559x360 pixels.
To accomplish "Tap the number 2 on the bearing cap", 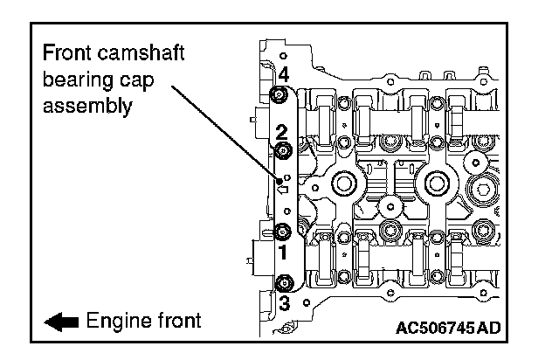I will pos(281,133).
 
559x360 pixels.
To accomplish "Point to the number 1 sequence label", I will pos(282,253).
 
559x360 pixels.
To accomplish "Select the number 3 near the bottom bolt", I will pos(283,302).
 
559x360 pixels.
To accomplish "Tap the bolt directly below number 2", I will pos(282,152).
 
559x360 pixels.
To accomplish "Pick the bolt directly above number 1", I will pos(282,232).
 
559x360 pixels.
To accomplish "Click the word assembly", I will pos(87,107).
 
